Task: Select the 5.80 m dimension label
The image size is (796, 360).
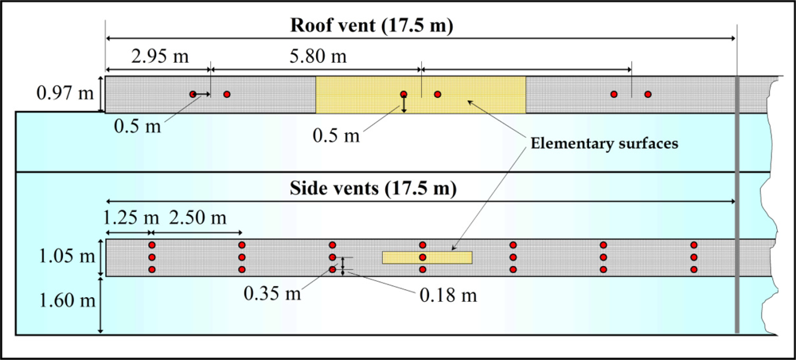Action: coord(317,57)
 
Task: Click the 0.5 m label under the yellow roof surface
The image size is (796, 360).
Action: coord(335,135)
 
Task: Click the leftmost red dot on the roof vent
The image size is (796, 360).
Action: coord(193,94)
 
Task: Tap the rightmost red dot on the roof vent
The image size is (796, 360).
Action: coord(648,94)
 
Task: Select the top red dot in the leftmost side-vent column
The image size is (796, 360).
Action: coord(151,245)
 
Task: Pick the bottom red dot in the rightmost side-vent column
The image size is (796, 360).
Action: coord(694,270)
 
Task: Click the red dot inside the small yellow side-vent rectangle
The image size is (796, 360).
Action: coord(423,257)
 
